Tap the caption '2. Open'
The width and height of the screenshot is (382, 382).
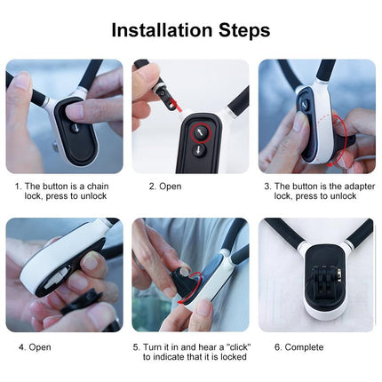(163, 187)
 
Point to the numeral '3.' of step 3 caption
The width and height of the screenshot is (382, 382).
(267, 187)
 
